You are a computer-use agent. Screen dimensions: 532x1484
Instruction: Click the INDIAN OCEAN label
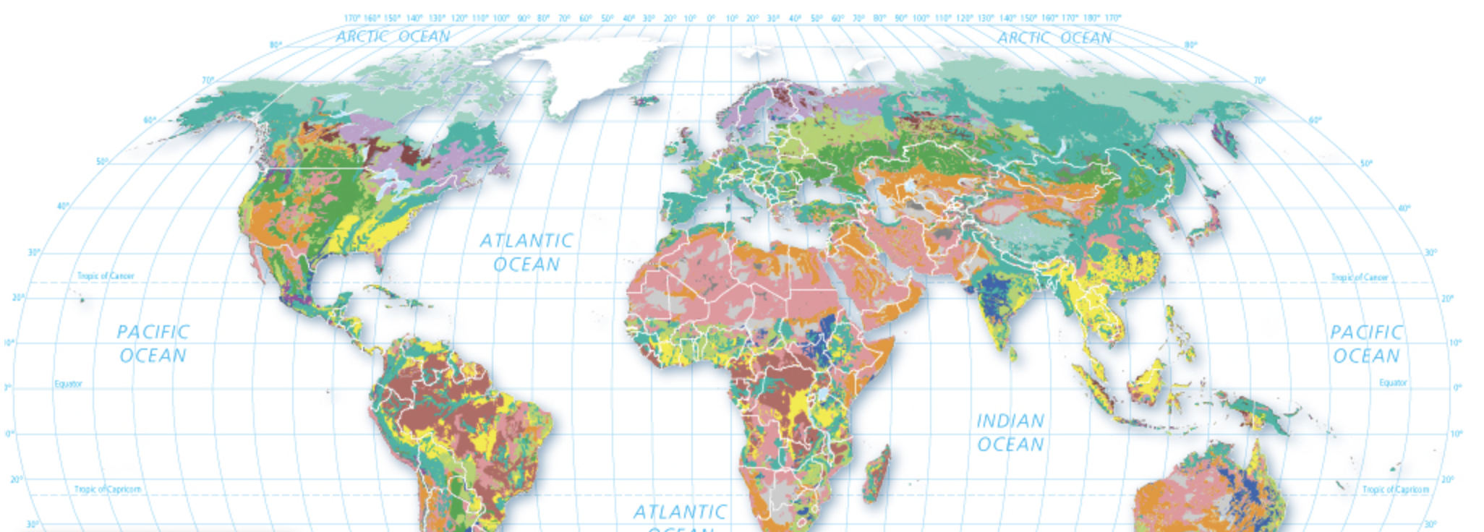point(1010,432)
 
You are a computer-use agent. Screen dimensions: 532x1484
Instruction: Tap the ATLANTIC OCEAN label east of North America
point(526,252)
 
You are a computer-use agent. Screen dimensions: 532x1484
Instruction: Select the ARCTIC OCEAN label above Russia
point(1054,38)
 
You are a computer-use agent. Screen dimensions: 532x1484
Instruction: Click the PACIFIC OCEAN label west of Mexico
point(153,343)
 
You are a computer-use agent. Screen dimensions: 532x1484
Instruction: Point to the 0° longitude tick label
point(710,18)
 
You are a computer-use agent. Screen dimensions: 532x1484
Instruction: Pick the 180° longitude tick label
point(1091,18)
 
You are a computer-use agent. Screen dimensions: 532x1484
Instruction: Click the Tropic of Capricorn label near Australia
point(1395,489)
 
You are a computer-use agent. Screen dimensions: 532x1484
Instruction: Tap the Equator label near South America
point(68,384)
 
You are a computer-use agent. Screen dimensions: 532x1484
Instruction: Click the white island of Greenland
point(593,72)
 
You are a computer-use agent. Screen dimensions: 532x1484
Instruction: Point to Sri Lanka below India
point(1013,353)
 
